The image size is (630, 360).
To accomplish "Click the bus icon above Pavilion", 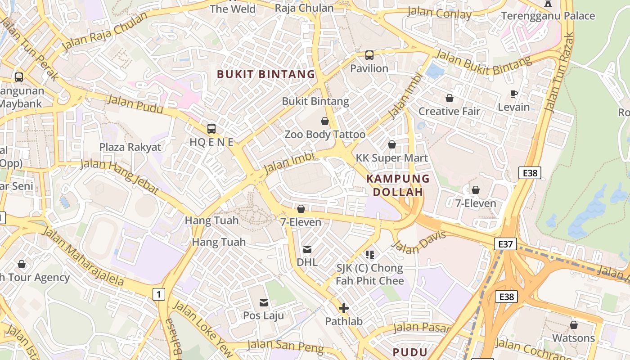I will pos(369,55).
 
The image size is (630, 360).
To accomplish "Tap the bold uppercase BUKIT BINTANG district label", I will pos(266,74).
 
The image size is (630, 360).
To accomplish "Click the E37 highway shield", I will pos(505,244).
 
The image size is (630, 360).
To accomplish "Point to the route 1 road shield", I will pos(158,294).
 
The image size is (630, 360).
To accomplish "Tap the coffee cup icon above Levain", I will pos(514,94).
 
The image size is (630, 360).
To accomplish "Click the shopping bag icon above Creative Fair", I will pos(449,98).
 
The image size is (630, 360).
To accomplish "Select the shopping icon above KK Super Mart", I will pos(392,144).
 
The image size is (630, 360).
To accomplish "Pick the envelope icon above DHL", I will pos(307,249).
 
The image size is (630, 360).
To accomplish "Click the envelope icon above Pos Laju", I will pos(263,302).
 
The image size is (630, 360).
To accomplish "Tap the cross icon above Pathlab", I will pos(344,308).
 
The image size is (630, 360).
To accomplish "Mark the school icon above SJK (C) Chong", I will pos(370,255).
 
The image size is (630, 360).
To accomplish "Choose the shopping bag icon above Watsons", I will pos(573,324).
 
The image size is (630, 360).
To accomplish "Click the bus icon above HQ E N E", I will pos(211,129).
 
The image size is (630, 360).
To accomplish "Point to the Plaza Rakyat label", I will pos(130,147).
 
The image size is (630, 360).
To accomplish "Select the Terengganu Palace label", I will pos(548,16).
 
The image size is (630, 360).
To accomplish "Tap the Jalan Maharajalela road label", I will pos(83,257).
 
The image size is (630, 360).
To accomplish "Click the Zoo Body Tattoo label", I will pos(325,134).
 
